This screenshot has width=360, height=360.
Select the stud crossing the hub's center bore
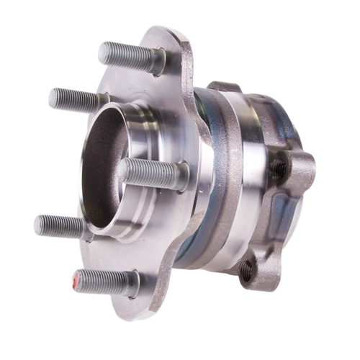point(148,171)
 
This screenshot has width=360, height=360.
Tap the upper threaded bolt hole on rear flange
point(276,168)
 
